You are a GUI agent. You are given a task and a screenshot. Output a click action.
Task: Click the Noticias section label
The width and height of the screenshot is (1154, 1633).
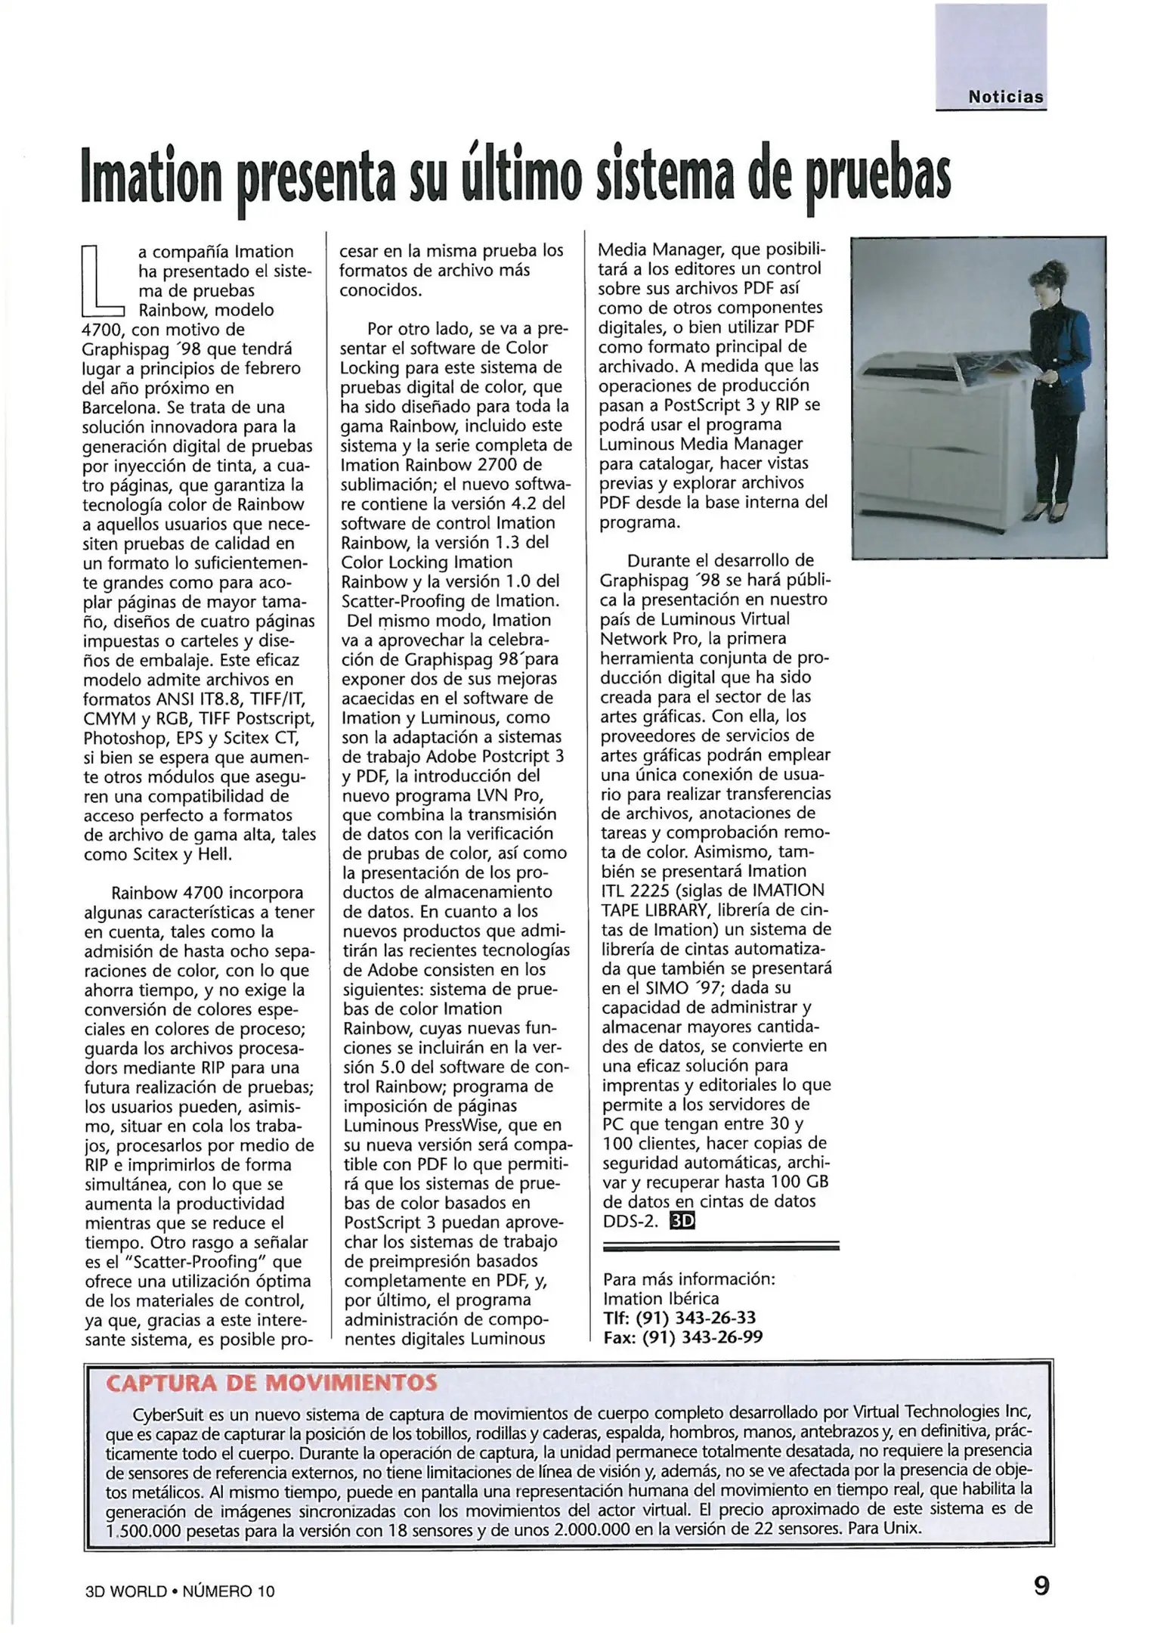(1005, 97)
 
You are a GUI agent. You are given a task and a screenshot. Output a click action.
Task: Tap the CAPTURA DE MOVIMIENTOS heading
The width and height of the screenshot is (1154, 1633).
(271, 1384)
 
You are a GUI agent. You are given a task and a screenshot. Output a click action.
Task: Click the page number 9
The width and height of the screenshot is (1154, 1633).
(1041, 1585)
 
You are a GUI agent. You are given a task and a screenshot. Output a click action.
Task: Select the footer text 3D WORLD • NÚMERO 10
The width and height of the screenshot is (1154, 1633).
(180, 1591)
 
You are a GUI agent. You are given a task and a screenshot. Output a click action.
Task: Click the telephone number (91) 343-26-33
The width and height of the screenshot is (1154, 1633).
(695, 1318)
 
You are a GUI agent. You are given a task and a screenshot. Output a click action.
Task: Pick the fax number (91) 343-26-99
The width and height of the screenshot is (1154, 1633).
(702, 1337)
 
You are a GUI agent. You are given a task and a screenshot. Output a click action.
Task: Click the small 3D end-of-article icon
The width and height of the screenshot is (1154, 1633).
(682, 1221)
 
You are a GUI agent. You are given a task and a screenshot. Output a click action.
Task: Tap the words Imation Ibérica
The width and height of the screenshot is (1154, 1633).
(661, 1299)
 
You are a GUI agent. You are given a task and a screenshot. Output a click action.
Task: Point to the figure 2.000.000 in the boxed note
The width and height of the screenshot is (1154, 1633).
(589, 1528)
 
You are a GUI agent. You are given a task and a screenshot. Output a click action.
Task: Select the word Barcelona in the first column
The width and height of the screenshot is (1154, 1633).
(121, 407)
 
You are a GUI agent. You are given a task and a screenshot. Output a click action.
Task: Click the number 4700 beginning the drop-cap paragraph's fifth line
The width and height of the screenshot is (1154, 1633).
(101, 330)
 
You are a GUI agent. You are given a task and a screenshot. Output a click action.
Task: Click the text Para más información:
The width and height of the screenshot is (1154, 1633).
(688, 1279)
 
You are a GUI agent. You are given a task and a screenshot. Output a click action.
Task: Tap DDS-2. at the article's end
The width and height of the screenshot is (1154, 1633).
(630, 1221)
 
